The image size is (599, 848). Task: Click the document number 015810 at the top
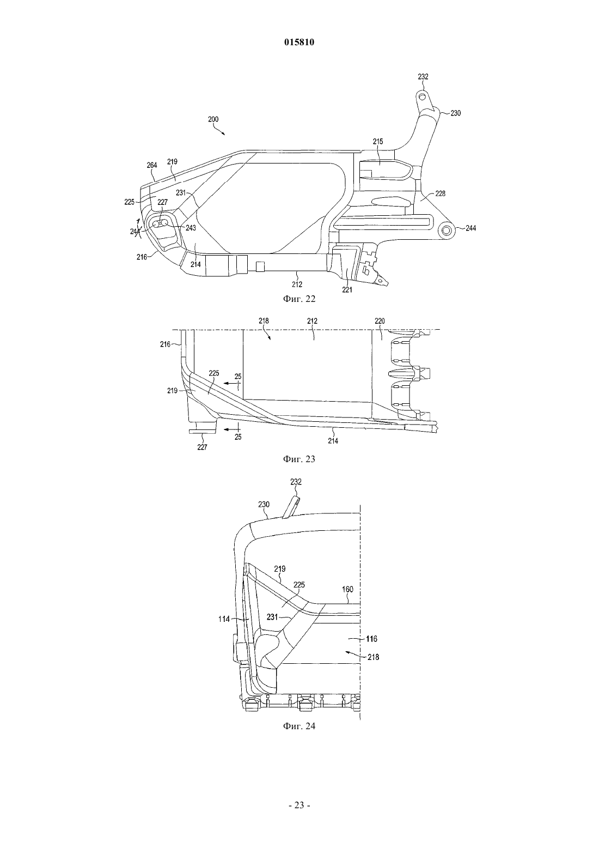[299, 43]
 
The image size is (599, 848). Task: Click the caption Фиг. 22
[299, 299]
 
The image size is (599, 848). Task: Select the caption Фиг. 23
[299, 459]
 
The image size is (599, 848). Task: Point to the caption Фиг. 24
[299, 726]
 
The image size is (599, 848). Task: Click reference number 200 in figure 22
[213, 119]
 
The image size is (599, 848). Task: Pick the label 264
[152, 165]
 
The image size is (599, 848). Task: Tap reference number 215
[378, 142]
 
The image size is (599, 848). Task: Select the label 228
[440, 194]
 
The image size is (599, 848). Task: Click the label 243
[191, 227]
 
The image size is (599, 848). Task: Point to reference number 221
[347, 290]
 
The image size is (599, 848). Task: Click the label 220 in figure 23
[380, 321]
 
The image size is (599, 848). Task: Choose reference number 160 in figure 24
[347, 590]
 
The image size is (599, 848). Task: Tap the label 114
[224, 619]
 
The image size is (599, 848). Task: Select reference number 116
[372, 639]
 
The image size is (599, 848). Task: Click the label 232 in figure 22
[423, 77]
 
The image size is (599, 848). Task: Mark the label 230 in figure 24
[264, 505]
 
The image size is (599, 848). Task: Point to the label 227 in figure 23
[203, 447]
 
